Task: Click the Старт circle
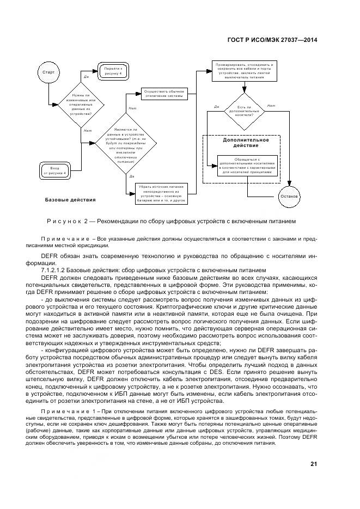47,72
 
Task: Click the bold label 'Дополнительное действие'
245,143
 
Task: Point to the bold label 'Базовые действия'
70,200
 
